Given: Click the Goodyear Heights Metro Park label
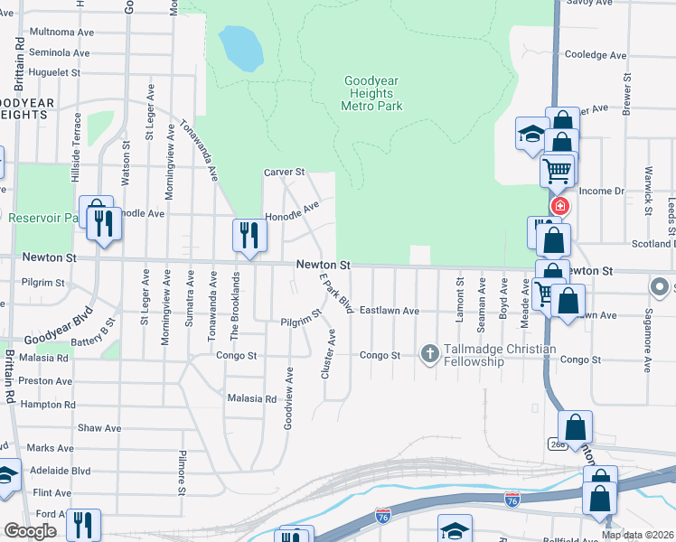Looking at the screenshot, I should (x=371, y=93).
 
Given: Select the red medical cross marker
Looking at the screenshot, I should (x=560, y=205).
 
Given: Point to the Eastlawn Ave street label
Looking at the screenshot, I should (x=390, y=311).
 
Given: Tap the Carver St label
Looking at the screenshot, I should (x=285, y=172).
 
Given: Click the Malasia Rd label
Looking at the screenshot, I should (x=252, y=398).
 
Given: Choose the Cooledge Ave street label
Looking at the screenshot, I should (x=596, y=55).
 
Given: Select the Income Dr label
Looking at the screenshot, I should (x=602, y=191).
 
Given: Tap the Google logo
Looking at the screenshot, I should (x=30, y=531).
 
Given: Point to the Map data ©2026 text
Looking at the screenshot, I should (x=637, y=535).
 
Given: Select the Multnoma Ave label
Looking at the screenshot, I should (x=61, y=32).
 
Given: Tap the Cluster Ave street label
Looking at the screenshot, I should (x=331, y=354).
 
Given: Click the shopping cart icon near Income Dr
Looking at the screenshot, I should (x=558, y=169).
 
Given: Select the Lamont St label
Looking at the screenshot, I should (x=459, y=294).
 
